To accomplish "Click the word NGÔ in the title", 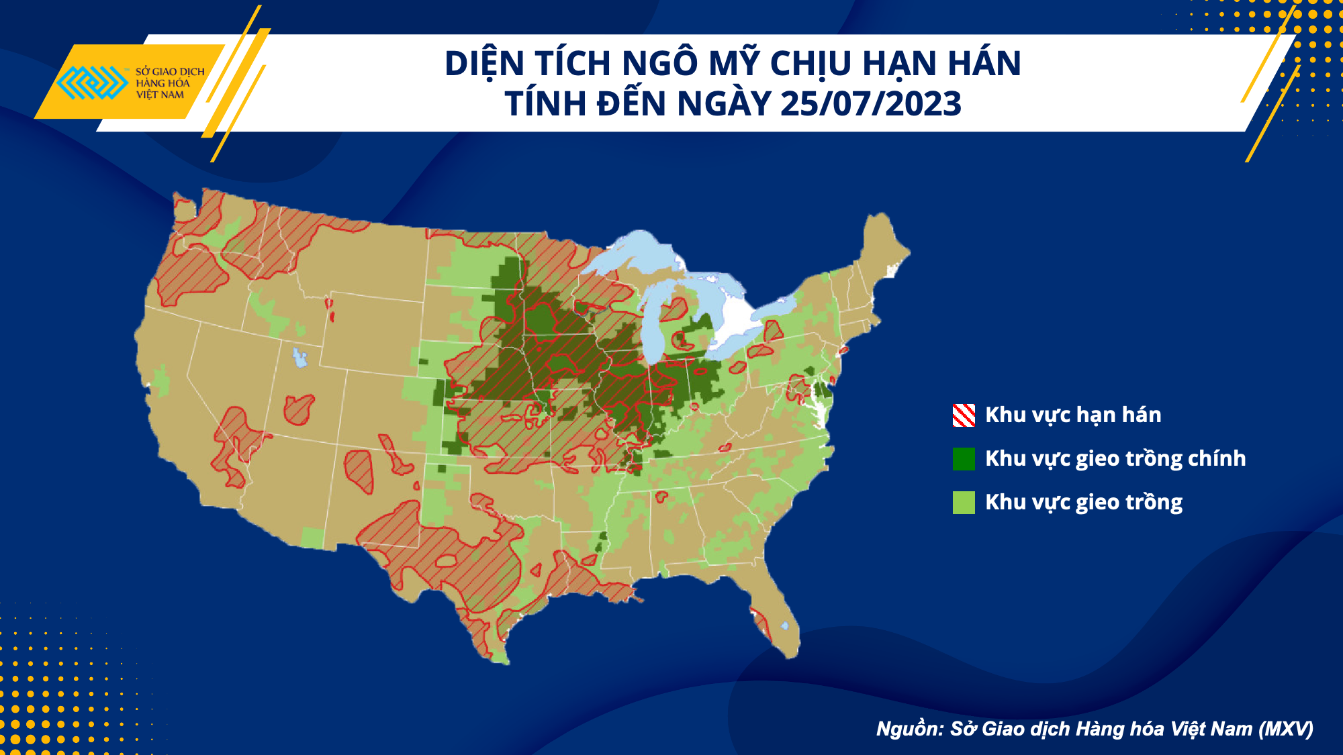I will (x=661, y=64).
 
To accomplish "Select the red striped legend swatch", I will (x=964, y=415).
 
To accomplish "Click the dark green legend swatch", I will (x=964, y=459).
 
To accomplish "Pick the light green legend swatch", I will (x=964, y=503).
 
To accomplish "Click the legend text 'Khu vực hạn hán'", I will (x=1073, y=415).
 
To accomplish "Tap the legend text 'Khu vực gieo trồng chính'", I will (x=1115, y=459).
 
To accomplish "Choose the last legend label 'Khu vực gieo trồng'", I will (x=1084, y=503).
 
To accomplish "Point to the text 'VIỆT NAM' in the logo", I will (x=160, y=95).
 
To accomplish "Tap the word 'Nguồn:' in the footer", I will (x=910, y=729).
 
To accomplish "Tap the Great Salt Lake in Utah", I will (x=299, y=358).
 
